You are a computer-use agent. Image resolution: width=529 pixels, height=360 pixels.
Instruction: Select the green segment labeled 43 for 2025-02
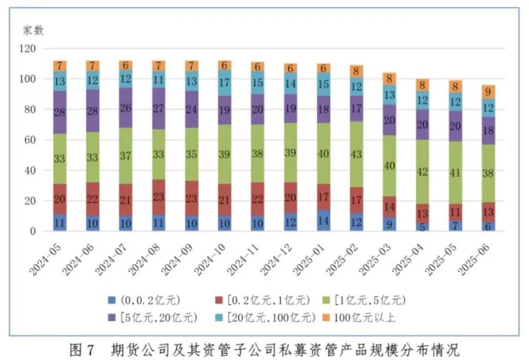click(x=357, y=154)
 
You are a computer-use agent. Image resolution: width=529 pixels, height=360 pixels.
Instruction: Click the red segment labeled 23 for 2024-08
click(x=158, y=196)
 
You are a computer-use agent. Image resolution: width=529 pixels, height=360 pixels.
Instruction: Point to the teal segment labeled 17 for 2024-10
click(x=225, y=83)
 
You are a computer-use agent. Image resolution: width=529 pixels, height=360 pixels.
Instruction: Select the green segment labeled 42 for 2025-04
click(x=422, y=172)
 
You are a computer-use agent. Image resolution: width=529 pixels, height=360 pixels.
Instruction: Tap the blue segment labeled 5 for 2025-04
click(x=422, y=227)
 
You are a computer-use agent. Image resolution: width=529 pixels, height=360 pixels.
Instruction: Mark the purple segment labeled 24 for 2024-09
click(x=192, y=110)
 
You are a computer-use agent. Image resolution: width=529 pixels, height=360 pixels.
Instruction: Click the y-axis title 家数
click(x=33, y=30)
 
